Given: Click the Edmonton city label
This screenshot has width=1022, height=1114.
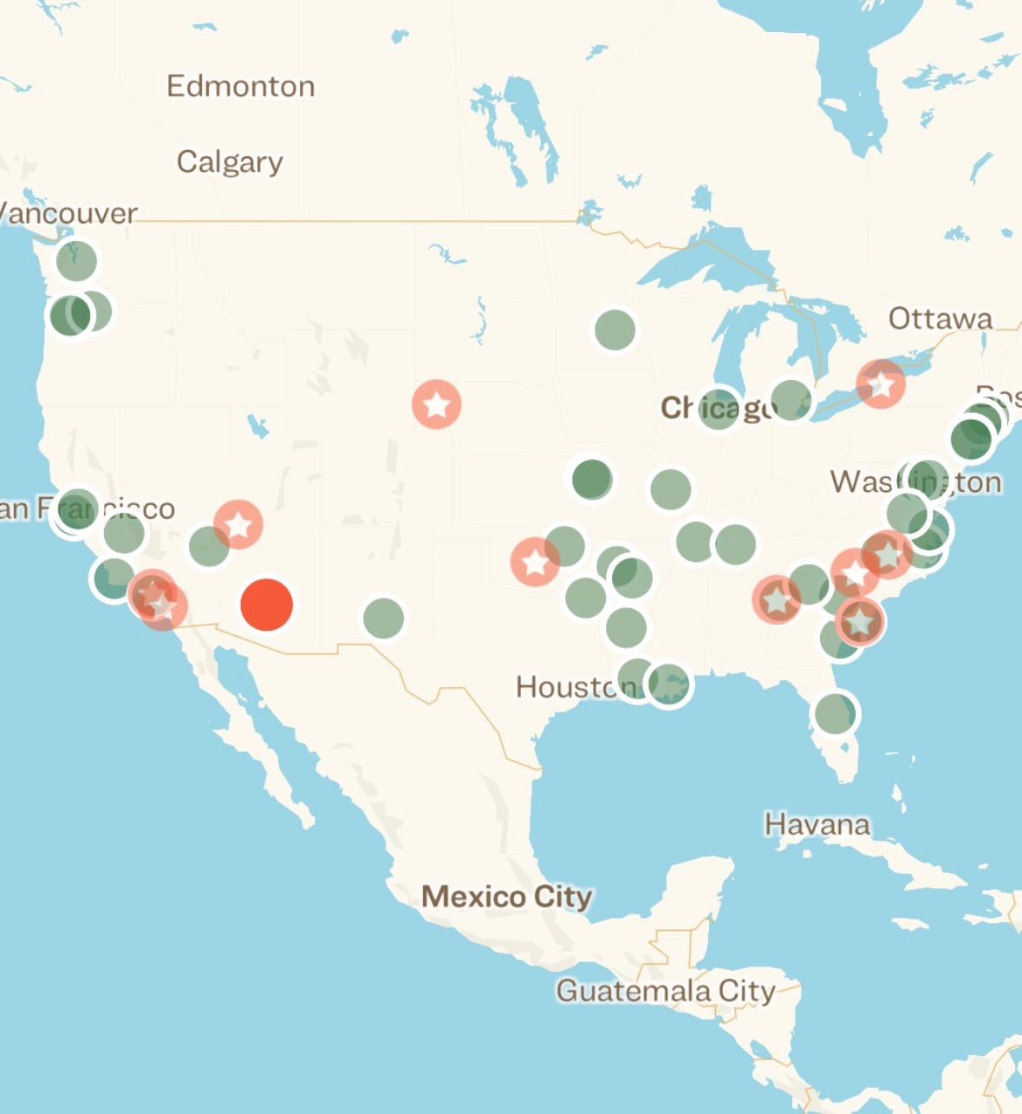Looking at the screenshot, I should (240, 86).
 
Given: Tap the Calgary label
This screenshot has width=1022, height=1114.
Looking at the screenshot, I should (230, 162).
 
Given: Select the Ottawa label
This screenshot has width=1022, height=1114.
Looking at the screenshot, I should (940, 318).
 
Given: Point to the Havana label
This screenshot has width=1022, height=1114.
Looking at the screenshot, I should (817, 823).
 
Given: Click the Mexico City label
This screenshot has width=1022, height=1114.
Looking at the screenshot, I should (506, 896).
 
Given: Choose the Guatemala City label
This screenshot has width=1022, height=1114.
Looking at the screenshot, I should (665, 990).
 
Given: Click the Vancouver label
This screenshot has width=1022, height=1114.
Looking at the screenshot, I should (68, 213).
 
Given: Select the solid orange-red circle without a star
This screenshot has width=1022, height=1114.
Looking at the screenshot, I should (266, 605).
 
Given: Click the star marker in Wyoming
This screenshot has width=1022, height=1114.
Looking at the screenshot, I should (436, 404).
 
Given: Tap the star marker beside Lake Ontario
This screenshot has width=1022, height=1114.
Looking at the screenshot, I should (881, 383).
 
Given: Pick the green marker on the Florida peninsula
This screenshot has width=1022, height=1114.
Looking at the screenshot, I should (835, 713).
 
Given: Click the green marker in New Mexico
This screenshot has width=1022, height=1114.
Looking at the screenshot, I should (383, 618).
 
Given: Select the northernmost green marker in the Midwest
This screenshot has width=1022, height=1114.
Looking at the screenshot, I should (615, 330).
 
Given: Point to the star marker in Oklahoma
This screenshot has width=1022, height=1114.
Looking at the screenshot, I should (535, 562).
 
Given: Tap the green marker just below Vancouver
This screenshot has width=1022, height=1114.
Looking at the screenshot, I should (76, 260).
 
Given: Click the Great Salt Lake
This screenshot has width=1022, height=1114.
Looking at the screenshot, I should (257, 426).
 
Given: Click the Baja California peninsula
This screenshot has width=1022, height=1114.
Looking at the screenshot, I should (260, 737).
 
